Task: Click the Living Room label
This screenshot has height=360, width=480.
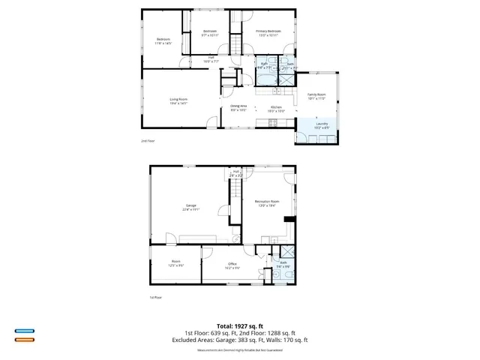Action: click(x=178, y=100)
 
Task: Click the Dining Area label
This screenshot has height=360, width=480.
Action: click(x=238, y=108)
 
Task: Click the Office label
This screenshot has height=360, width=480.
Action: click(x=232, y=265)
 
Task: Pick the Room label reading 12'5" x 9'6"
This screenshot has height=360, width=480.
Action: click(x=176, y=263)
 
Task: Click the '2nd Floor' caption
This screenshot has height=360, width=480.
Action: click(x=148, y=141)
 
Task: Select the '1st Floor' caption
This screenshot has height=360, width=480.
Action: click(x=155, y=297)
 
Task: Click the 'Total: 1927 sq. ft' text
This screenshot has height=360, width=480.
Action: click(x=247, y=325)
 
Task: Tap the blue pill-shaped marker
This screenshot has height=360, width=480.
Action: click(x=25, y=331)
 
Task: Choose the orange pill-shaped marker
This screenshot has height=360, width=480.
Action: click(x=25, y=340)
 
